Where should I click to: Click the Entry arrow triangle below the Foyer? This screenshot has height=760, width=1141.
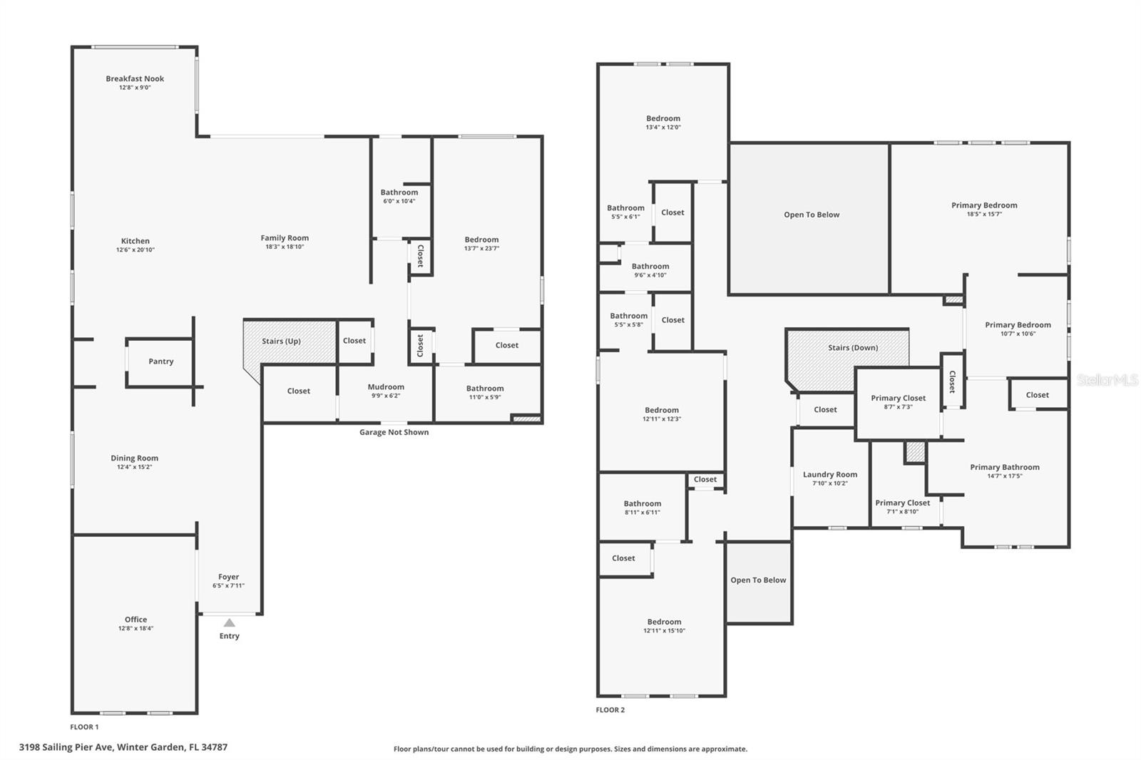click(229, 622)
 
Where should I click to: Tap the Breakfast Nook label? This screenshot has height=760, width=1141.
click(135, 78)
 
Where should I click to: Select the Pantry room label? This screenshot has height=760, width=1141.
click(161, 361)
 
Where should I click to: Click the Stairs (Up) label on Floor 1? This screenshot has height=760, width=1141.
click(281, 341)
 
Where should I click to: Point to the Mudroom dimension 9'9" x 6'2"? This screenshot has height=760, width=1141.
click(386, 396)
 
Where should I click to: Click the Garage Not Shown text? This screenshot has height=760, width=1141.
click(394, 432)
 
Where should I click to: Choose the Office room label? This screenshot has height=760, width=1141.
click(136, 620)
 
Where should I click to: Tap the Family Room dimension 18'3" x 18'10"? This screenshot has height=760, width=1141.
click(285, 247)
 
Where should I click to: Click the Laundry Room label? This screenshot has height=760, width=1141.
click(830, 474)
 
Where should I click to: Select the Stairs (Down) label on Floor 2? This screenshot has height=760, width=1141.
click(853, 347)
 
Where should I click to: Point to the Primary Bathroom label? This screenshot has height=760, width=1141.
click(1005, 467)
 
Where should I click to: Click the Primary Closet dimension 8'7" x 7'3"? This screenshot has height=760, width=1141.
click(899, 406)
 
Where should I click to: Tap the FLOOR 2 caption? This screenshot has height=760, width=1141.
click(610, 709)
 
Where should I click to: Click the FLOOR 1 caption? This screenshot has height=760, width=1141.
click(85, 727)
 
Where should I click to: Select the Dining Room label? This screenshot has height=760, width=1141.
click(135, 458)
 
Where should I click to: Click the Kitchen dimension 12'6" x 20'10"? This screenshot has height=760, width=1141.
click(135, 250)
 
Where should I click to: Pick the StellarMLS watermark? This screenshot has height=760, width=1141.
click(1107, 379)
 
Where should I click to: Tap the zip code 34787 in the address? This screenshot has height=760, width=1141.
click(214, 746)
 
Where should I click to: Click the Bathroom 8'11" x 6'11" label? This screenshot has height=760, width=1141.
click(643, 503)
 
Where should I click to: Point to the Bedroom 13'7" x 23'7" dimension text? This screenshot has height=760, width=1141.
click(482, 248)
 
